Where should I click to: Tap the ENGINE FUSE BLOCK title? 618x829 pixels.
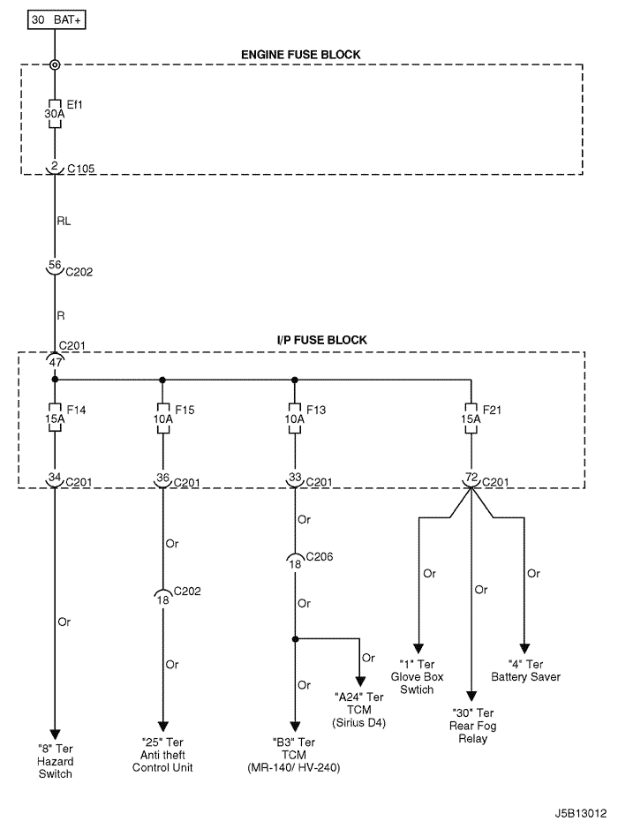click(301, 55)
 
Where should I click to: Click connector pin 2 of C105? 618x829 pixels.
click(55, 166)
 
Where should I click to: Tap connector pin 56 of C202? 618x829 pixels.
click(55, 264)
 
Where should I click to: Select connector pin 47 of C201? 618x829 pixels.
click(55, 360)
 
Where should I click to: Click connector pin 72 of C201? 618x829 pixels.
click(471, 478)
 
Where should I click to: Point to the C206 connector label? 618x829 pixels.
click(319, 557)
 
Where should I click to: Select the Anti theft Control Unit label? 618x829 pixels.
click(162, 755)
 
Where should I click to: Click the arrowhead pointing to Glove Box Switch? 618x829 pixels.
click(419, 649)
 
